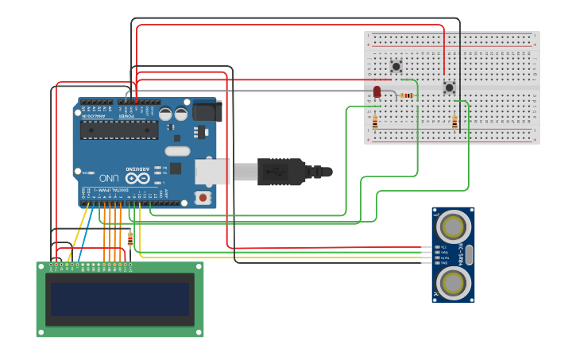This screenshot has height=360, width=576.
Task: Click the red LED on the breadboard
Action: [x=377, y=92]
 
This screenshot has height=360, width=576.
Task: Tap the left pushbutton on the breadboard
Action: [x=396, y=66]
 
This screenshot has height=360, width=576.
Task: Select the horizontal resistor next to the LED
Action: [x=407, y=95]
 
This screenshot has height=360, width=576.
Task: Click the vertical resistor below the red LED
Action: [x=375, y=122]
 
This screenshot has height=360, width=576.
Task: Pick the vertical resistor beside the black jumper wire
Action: [x=454, y=122]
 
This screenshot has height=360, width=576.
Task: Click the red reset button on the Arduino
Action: [x=203, y=197]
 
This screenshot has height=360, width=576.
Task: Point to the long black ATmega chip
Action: [x=118, y=130]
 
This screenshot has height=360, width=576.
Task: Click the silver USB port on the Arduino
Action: [x=213, y=171]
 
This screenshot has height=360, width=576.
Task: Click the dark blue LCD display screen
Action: [x=120, y=299]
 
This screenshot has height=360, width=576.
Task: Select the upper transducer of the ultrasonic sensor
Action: [x=453, y=227]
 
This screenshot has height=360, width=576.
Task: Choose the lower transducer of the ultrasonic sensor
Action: [x=453, y=282]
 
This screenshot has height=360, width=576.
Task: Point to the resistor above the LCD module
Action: [x=130, y=238]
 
